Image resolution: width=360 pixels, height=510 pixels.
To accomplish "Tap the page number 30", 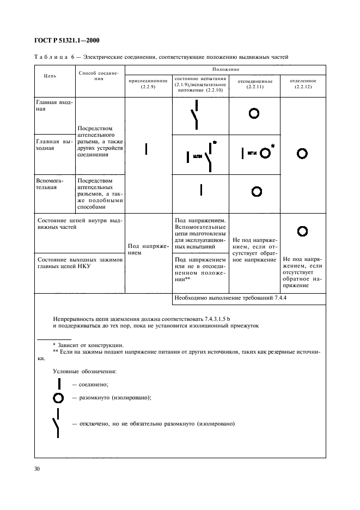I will pos(39,468).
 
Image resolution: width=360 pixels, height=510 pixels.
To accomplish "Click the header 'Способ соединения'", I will pos(99,75).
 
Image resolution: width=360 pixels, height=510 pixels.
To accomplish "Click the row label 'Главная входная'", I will pos(53,105).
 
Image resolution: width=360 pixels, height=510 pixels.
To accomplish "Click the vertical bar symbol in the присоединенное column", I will pos(146,148).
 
